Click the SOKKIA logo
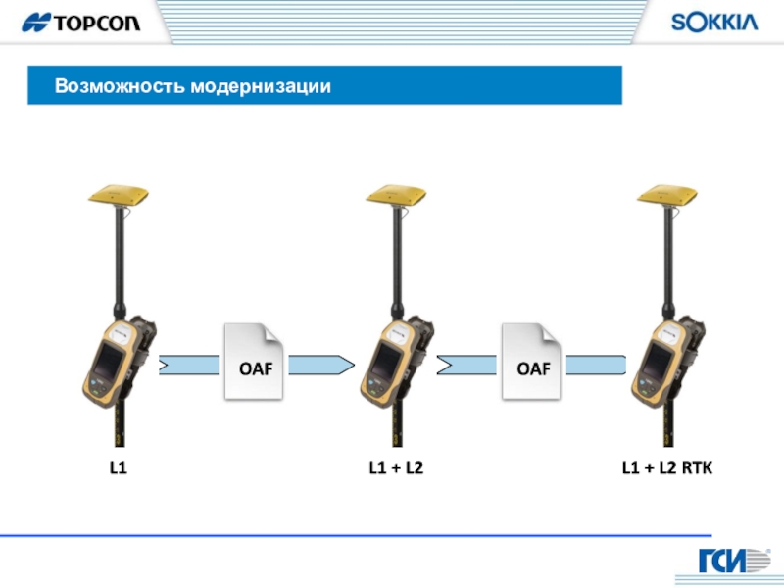pyautogui.click(x=713, y=23)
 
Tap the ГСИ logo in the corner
pyautogui.click(x=733, y=562)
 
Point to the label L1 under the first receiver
pyautogui.click(x=118, y=469)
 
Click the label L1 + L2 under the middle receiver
pyautogui.click(x=396, y=469)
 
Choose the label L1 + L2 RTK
pyautogui.click(x=667, y=469)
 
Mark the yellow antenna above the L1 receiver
pyautogui.click(x=118, y=195)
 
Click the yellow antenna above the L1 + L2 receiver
pyautogui.click(x=396, y=195)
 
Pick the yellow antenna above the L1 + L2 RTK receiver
pyautogui.click(x=667, y=195)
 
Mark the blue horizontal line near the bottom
pyautogui.click(x=353, y=535)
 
